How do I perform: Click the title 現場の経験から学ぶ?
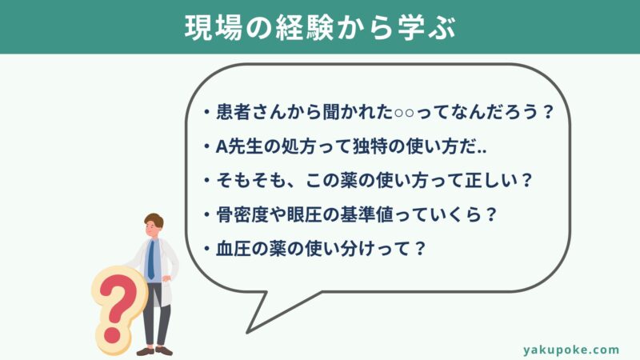[320, 28]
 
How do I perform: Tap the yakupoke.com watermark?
[571, 350]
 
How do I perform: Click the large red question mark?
[116, 308]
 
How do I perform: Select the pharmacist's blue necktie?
[151, 259]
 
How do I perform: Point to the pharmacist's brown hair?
[154, 220]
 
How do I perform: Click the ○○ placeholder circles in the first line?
[404, 113]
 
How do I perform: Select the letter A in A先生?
[222, 147]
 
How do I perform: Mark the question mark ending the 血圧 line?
[419, 249]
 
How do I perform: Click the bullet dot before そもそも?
[207, 181]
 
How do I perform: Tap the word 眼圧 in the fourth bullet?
[305, 214]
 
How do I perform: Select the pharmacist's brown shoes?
[154, 350]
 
